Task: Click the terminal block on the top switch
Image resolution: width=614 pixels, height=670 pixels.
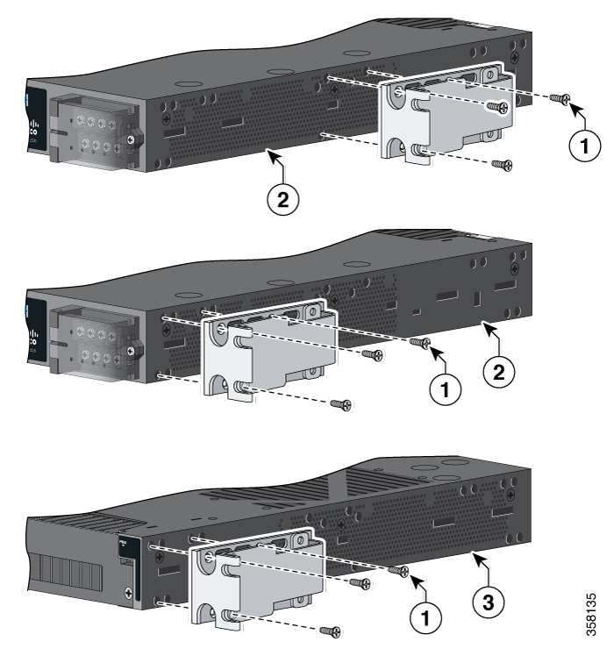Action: coord(89,132)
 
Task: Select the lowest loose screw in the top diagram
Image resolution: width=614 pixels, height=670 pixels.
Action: coord(501,164)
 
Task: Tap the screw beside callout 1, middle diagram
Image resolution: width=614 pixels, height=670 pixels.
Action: coord(418,344)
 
